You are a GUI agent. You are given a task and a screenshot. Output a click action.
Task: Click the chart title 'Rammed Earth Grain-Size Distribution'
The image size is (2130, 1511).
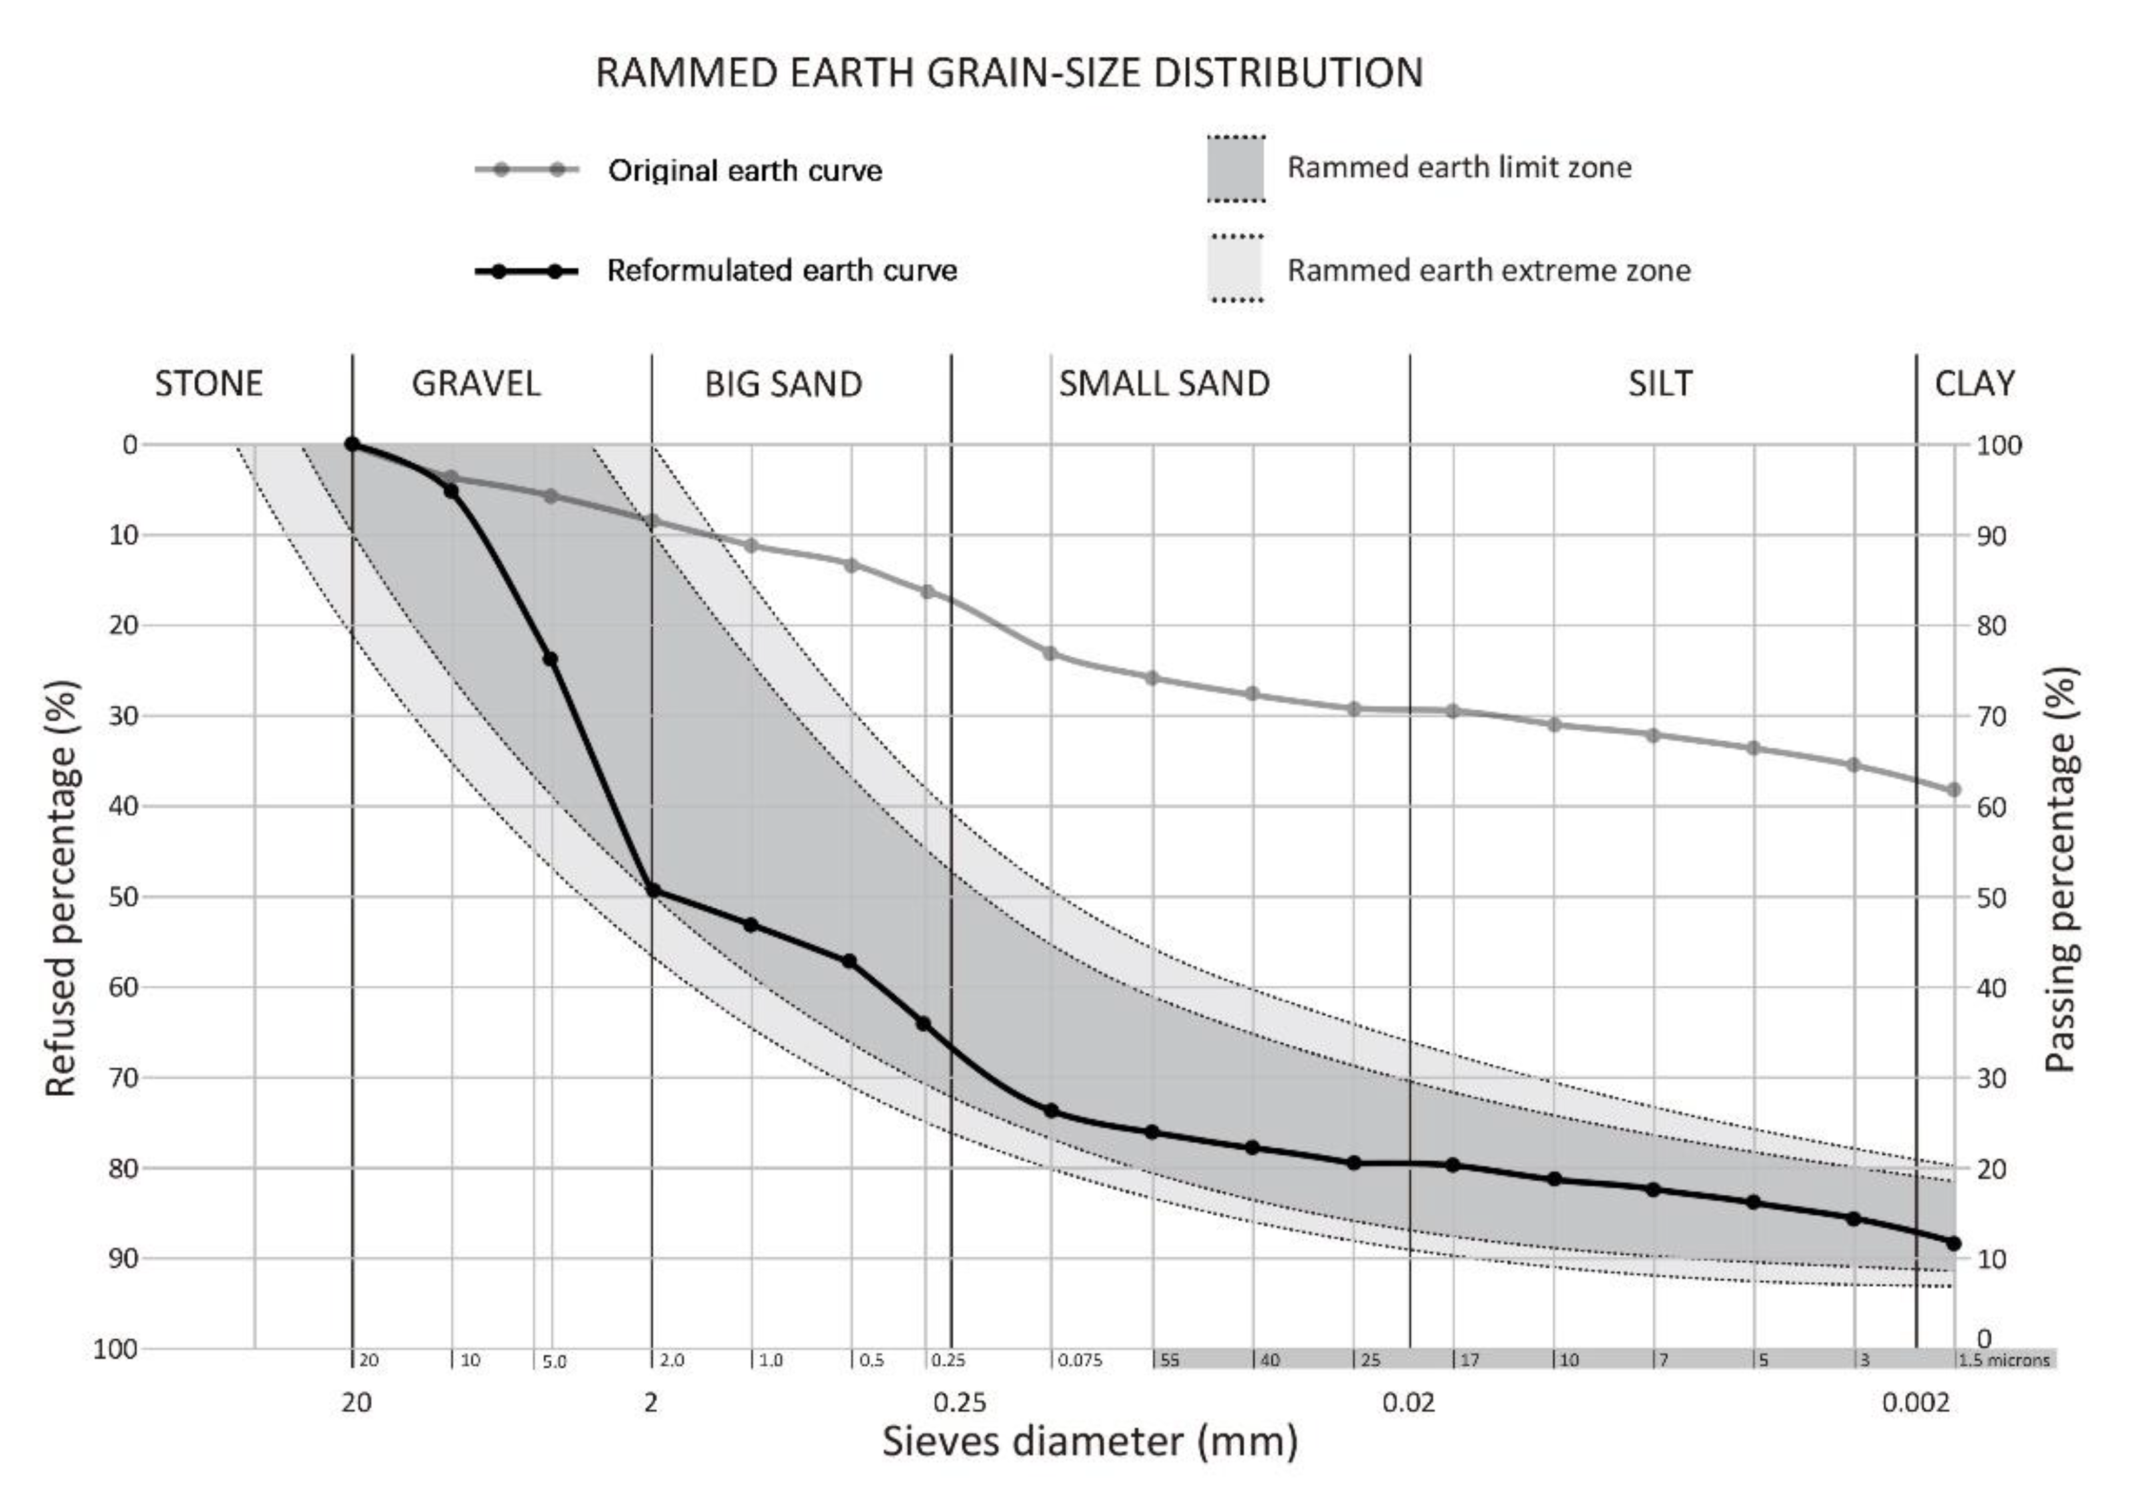coord(1009,73)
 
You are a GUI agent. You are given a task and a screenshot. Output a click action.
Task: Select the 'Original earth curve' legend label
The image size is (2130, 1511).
coord(745,170)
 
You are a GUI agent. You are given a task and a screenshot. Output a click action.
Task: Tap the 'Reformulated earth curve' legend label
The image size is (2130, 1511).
coord(782,271)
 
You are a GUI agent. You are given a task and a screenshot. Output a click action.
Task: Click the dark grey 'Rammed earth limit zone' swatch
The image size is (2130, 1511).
coord(1235,168)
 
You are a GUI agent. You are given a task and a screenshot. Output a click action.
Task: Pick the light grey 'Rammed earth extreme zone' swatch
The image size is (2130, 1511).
coord(1235,269)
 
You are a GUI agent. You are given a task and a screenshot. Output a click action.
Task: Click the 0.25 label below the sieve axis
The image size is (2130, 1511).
coord(960,1402)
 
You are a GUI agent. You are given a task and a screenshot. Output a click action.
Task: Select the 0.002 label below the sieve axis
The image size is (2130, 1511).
coord(1915,1402)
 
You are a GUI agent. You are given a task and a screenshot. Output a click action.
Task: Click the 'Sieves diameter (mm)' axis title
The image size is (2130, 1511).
coord(1089,1442)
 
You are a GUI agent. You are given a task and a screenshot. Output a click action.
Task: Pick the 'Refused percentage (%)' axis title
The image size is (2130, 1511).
coord(61,888)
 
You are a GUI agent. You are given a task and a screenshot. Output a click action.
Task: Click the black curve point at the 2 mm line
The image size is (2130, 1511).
coord(652,890)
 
